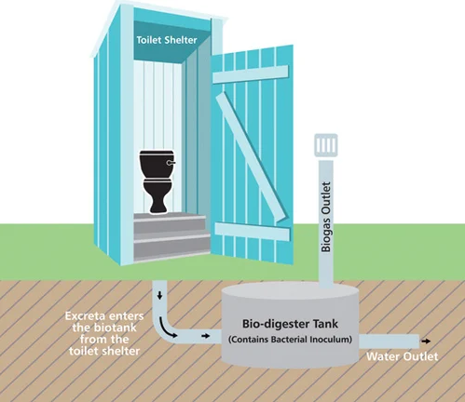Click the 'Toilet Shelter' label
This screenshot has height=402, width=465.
point(167,40)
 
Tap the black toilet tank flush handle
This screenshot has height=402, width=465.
point(171,163)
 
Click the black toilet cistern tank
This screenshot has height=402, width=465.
point(157,165)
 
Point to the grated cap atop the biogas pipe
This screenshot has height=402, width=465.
point(326,145)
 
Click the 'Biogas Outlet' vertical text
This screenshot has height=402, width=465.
point(326,217)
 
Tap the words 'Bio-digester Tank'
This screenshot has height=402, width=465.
point(290,324)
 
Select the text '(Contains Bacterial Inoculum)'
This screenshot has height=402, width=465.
point(290,340)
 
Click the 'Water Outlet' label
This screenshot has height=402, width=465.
point(403,356)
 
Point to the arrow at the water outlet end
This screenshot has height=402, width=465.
point(426,342)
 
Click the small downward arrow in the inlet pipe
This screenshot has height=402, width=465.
point(160,295)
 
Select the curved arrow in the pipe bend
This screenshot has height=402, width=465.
point(168,328)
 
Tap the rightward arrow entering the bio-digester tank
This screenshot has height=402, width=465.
point(206,336)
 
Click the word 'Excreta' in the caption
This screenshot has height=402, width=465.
point(85,316)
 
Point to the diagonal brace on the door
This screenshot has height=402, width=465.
point(252,157)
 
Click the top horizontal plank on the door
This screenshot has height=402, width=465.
point(250,74)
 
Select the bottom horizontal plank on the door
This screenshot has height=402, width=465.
point(253,232)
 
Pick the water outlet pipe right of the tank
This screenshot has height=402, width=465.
point(389,342)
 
